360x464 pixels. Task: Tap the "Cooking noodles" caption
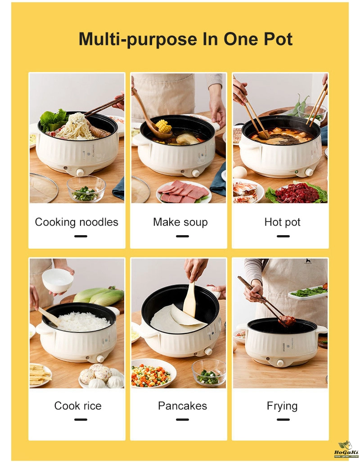[x=76, y=222]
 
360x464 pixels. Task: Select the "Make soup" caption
[x=180, y=222]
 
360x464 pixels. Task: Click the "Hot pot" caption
[x=282, y=222]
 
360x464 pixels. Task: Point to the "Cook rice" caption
[x=78, y=405]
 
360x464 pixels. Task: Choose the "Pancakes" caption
[x=182, y=405]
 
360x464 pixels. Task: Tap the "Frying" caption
[x=282, y=406]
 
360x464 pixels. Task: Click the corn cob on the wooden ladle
[x=163, y=126]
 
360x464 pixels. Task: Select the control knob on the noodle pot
[x=80, y=172]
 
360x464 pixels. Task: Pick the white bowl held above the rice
[x=57, y=281]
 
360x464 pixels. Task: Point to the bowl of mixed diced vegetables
[x=151, y=373]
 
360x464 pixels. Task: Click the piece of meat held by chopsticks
[x=287, y=320]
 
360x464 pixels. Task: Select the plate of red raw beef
[x=297, y=192]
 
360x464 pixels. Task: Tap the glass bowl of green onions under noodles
[x=86, y=189]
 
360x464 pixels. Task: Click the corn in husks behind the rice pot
[x=98, y=296]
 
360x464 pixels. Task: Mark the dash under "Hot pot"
[x=283, y=236]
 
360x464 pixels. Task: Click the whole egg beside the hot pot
[x=240, y=172]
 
